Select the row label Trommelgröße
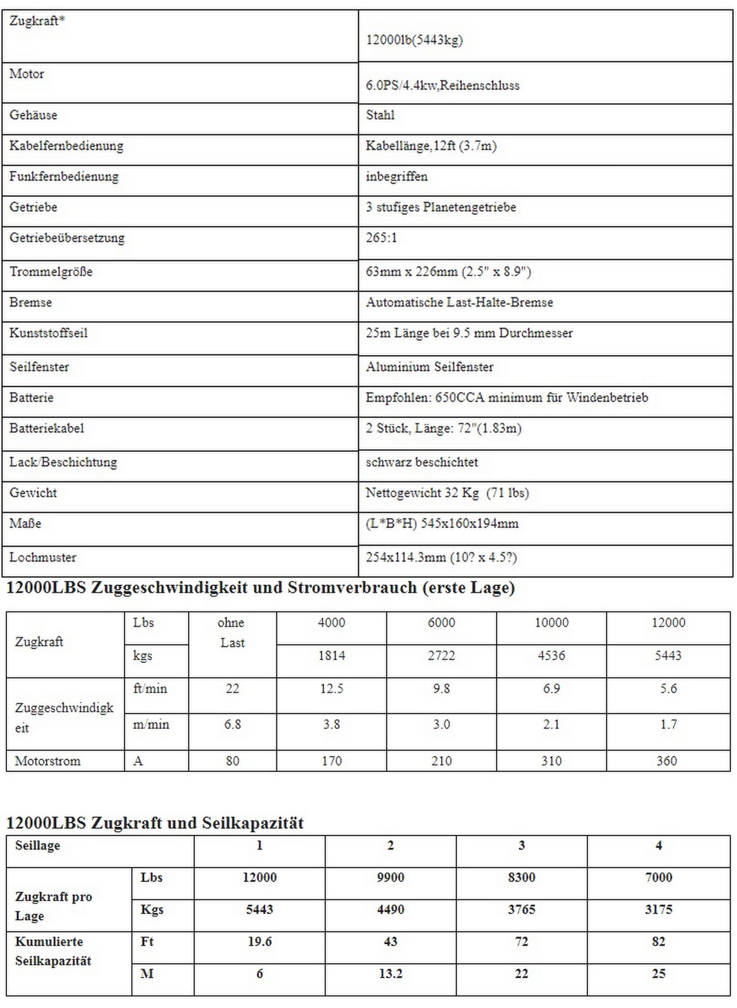(x=51, y=272)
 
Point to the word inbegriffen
(x=397, y=177)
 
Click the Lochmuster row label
(x=43, y=557)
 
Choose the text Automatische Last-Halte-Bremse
(x=459, y=303)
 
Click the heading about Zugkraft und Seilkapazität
(x=155, y=823)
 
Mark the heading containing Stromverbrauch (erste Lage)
(x=261, y=588)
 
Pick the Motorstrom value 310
(x=551, y=761)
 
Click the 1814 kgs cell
(x=331, y=656)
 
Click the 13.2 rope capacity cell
(x=390, y=974)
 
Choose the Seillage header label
(x=37, y=845)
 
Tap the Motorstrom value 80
(x=232, y=761)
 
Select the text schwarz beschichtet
(x=421, y=462)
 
